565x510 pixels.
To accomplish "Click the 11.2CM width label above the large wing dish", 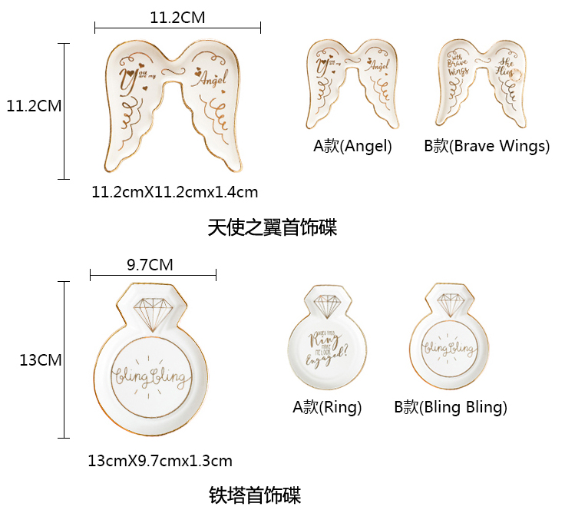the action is click(177, 18).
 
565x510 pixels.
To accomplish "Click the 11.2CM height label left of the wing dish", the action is click(34, 106).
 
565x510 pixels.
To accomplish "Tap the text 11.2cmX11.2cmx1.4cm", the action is click(174, 192).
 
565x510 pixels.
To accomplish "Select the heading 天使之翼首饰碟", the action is click(272, 228).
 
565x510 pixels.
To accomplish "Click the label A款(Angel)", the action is click(352, 146).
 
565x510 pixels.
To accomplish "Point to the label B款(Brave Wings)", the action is click(487, 146).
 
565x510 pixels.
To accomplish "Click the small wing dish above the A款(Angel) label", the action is click(353, 85).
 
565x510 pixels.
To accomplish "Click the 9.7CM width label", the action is click(150, 265).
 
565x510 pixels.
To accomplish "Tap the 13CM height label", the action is click(41, 360).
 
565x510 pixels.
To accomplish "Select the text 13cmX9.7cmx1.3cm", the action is click(160, 461).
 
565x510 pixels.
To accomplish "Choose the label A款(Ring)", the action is click(327, 407).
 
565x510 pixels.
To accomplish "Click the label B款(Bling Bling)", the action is click(451, 407).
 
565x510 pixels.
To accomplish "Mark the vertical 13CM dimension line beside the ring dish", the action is click(64, 359).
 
